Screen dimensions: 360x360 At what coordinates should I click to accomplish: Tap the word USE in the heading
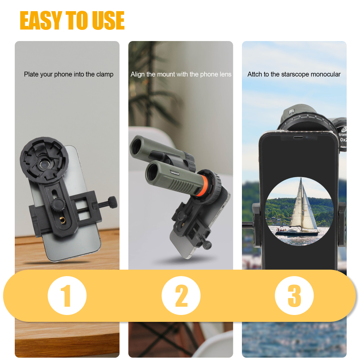(108, 21)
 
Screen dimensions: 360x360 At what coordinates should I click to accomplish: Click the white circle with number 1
(67, 296)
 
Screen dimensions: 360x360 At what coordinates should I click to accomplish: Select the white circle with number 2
(181, 296)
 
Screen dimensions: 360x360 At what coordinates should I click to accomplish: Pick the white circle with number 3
(294, 296)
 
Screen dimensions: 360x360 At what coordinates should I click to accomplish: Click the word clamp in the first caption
(105, 75)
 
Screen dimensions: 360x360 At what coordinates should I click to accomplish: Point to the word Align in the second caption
(138, 75)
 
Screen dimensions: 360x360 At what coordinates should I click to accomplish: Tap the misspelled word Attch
(255, 75)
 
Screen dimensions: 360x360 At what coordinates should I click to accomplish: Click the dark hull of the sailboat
(297, 233)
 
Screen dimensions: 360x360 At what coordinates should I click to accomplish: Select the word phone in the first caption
(63, 75)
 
